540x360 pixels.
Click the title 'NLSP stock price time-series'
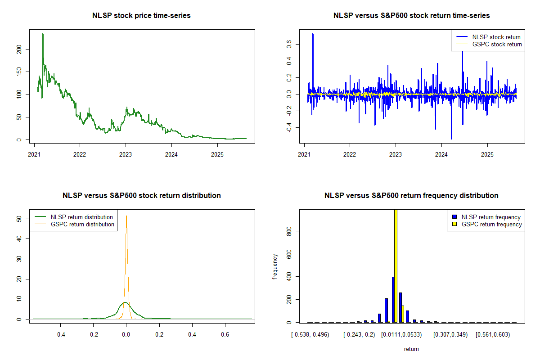141,16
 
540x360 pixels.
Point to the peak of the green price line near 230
43,34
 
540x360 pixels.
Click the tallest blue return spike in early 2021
313,34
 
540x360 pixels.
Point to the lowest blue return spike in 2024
451,139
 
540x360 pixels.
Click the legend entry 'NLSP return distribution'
81,217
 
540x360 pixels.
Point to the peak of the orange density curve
126,216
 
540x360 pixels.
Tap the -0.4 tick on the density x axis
60,335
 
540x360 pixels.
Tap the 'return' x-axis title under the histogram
411,349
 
